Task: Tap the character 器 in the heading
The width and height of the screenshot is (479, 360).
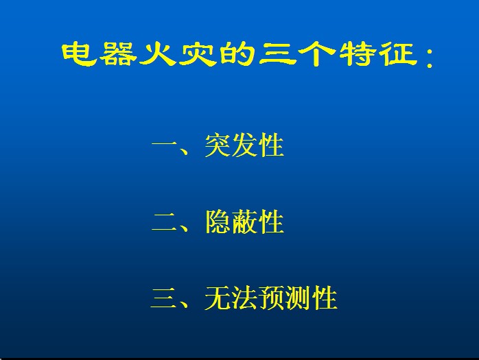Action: click(x=117, y=54)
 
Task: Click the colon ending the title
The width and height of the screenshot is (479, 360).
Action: click(x=430, y=58)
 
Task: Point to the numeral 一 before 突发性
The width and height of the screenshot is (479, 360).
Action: click(x=164, y=143)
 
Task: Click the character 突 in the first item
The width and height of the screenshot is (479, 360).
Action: click(x=218, y=145)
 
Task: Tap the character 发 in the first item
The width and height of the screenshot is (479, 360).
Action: click(x=244, y=145)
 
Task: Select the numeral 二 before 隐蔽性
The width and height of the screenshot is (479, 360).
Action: click(x=164, y=221)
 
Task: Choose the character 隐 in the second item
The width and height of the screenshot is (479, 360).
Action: click(x=218, y=221)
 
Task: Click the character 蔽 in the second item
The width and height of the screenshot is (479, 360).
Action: click(x=244, y=221)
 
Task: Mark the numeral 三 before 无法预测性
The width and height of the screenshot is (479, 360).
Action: click(x=164, y=298)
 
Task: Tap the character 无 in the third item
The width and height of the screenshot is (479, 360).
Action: click(x=218, y=298)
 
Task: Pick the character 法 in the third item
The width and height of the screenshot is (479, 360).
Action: click(x=244, y=298)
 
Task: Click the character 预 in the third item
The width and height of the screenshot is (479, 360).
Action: click(x=271, y=298)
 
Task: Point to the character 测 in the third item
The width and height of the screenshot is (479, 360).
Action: click(x=298, y=298)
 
